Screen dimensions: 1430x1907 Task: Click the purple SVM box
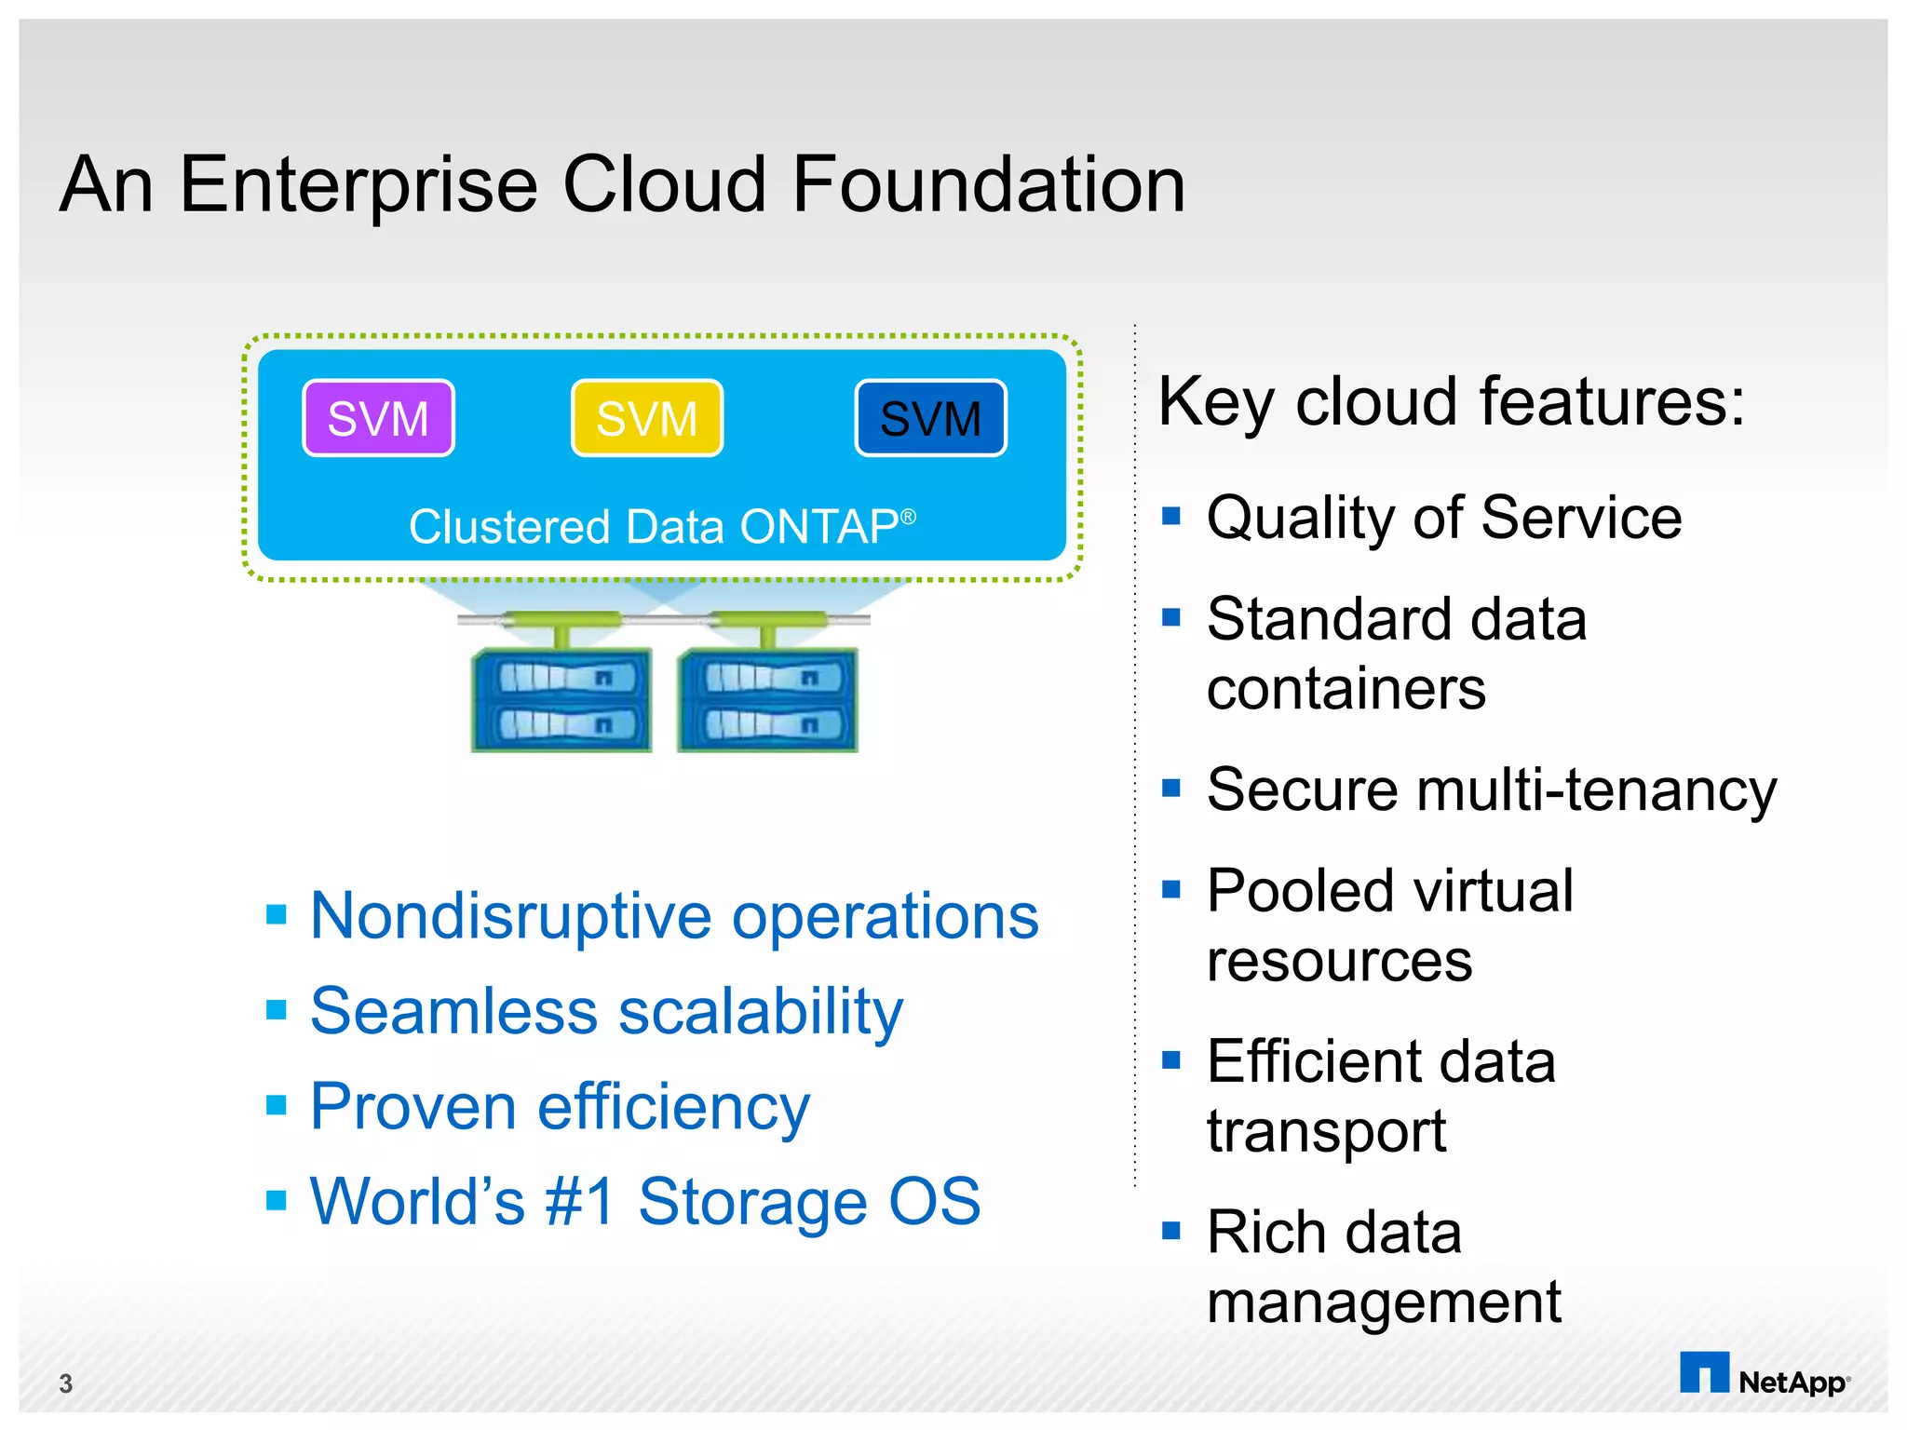point(378,418)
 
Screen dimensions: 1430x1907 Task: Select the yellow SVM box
point(647,418)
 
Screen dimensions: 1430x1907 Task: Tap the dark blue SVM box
point(930,418)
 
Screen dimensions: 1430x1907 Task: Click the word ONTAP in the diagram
point(818,527)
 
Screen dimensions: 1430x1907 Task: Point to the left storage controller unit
point(561,700)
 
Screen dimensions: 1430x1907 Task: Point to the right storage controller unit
point(767,700)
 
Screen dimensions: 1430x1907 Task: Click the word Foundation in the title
point(988,184)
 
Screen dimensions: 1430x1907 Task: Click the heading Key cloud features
point(1451,402)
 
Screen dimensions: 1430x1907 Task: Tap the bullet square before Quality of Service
point(1171,515)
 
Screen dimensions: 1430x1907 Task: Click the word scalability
point(761,1012)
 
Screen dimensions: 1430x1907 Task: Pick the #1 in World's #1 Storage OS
point(580,1201)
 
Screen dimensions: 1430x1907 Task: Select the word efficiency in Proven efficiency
point(673,1107)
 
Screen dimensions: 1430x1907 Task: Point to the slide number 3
point(65,1383)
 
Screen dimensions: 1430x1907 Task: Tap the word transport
point(1326,1132)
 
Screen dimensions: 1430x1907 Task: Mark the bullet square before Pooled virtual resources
point(1171,889)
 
